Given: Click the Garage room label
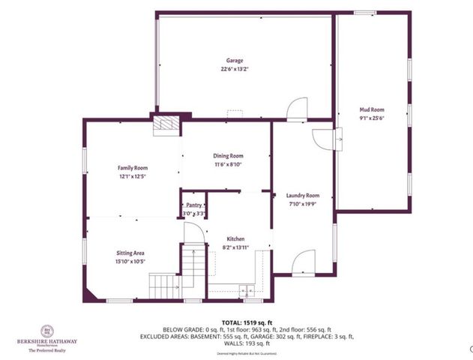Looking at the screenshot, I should pyautogui.click(x=235, y=61).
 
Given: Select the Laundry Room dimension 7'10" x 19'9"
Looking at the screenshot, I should pyautogui.click(x=303, y=202).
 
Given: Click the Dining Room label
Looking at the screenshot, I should pyautogui.click(x=229, y=156).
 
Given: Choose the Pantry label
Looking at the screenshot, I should pyautogui.click(x=193, y=205).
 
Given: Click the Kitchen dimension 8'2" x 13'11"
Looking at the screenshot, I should pyautogui.click(x=236, y=247).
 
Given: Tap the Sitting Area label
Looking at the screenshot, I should pyautogui.click(x=131, y=253).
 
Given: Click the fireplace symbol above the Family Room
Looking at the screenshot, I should pyautogui.click(x=166, y=124).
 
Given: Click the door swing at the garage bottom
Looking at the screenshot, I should pyautogui.click(x=296, y=109).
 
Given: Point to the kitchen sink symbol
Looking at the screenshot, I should pyautogui.click(x=245, y=289).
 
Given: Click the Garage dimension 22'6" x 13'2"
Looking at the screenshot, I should pyautogui.click(x=235, y=69).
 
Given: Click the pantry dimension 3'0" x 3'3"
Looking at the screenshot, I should pyautogui.click(x=193, y=214).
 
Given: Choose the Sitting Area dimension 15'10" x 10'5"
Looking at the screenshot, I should pyautogui.click(x=131, y=261).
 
